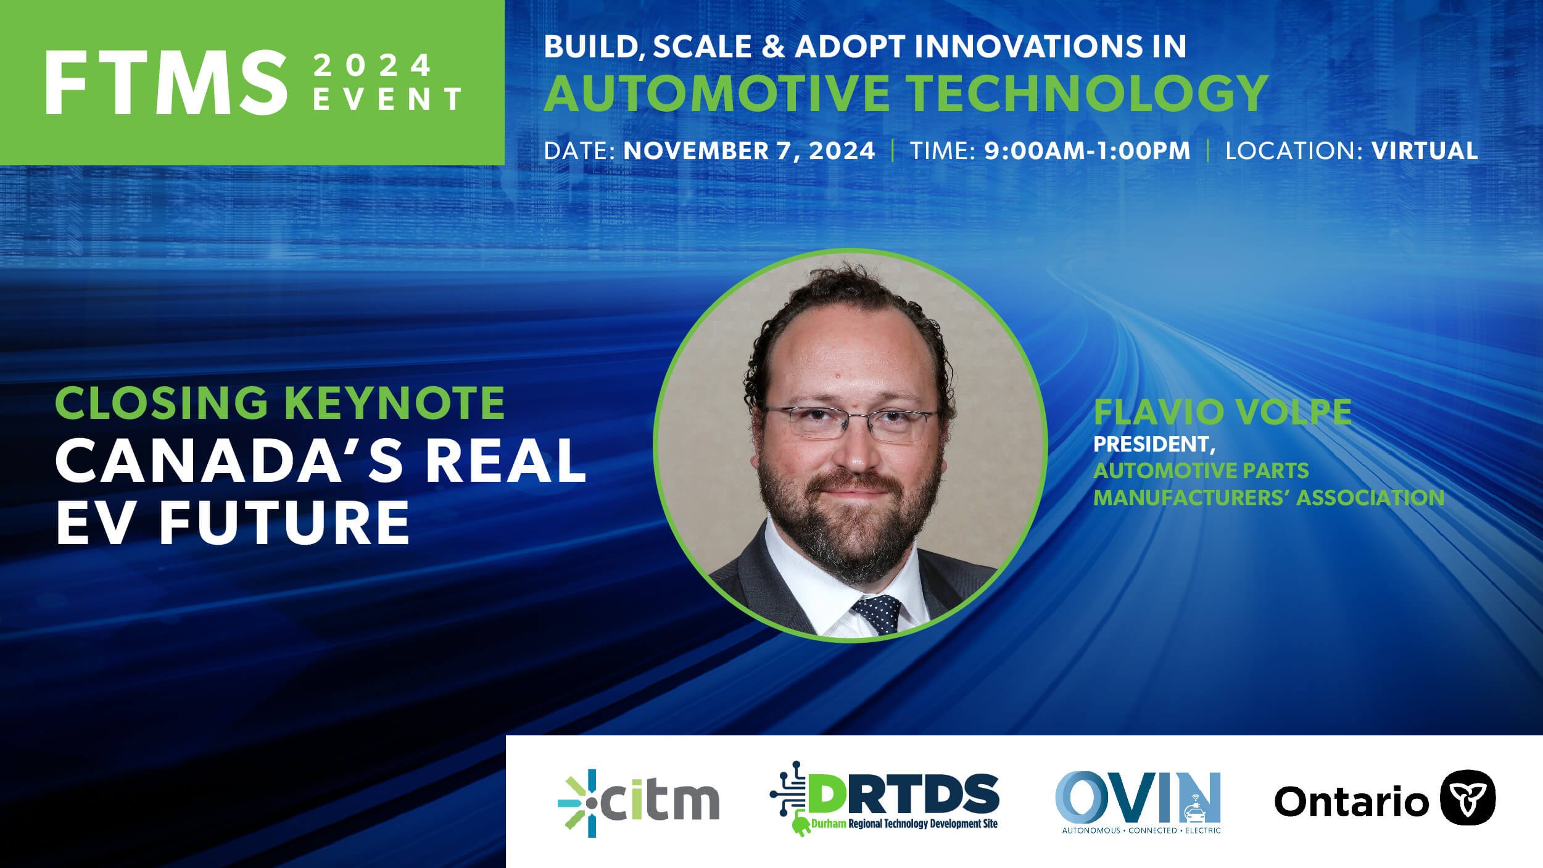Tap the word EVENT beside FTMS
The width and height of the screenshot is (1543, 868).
[387, 100]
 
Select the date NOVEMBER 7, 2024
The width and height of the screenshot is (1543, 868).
[749, 151]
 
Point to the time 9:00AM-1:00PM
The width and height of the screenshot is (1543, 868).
[1087, 151]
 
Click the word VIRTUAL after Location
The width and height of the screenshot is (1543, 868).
[1425, 151]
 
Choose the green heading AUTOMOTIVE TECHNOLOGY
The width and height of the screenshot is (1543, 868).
[905, 93]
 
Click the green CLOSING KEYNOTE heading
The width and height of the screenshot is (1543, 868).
[280, 403]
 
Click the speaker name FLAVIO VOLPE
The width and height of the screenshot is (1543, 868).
[1222, 413]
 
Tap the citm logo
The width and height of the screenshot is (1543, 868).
[639, 802]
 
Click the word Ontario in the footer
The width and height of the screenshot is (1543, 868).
[1351, 801]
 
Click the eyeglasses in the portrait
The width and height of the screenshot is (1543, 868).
[850, 423]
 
